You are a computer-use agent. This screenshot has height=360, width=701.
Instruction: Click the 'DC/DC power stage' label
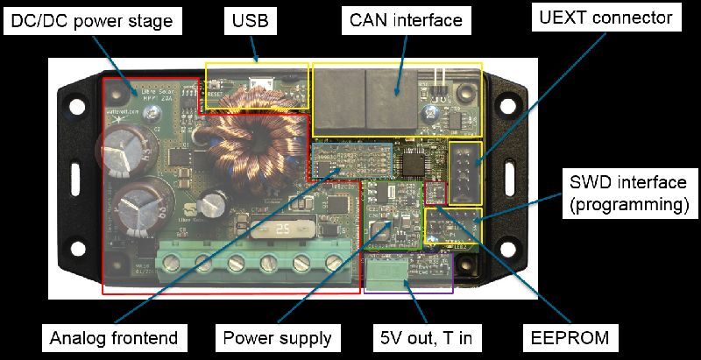[x=92, y=20]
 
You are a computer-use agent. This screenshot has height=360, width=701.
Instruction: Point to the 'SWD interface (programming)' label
[x=626, y=193]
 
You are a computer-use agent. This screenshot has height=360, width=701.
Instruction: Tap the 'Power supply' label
[x=277, y=336]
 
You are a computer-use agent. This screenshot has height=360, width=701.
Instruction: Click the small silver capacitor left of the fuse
[x=209, y=204]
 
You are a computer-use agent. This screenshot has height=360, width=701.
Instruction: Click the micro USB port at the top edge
[x=261, y=85]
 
